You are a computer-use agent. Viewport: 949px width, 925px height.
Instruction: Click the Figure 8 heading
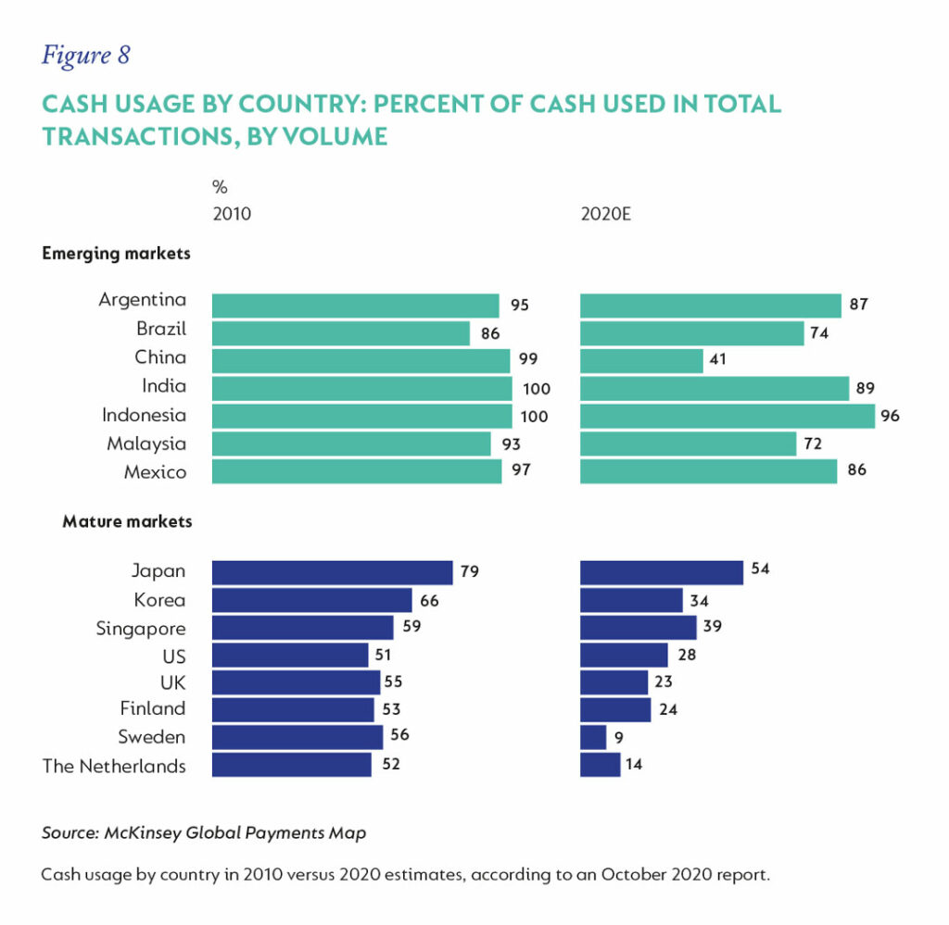click(86, 56)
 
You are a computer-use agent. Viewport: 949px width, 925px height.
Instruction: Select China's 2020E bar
click(641, 359)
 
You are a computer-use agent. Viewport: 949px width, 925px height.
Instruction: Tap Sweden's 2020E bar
click(593, 737)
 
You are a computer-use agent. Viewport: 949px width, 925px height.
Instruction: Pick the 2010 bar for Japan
click(332, 572)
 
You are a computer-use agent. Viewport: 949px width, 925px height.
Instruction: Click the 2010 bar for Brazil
click(341, 332)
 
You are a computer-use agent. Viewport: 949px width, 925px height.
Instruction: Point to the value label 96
click(890, 416)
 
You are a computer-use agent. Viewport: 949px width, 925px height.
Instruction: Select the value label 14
click(634, 765)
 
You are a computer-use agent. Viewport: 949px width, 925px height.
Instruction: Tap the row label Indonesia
click(144, 415)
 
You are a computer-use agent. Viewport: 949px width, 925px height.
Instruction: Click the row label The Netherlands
click(114, 766)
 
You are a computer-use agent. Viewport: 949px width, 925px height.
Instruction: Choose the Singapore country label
click(141, 629)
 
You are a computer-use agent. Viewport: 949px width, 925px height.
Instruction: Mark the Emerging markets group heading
click(116, 254)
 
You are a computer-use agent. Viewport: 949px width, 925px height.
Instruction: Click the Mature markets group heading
click(127, 521)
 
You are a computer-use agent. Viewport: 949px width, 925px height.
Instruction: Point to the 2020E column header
click(605, 215)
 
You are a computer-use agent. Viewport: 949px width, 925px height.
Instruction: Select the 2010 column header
click(232, 215)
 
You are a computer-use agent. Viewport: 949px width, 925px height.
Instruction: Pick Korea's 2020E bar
click(631, 600)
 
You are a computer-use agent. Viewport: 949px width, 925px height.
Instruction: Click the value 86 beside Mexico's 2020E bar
click(856, 470)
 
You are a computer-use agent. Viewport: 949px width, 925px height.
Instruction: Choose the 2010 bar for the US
click(290, 656)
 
